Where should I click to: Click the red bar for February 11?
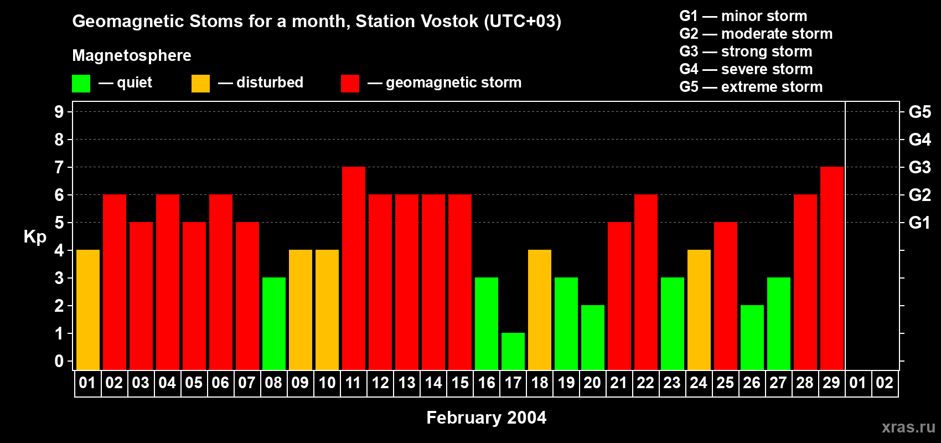(x=354, y=268)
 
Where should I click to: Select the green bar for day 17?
(x=513, y=351)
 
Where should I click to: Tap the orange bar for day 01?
(x=88, y=310)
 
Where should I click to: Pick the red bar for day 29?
(x=832, y=268)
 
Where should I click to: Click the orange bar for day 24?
(x=699, y=310)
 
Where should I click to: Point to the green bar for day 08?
(x=274, y=323)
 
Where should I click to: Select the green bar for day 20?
(x=593, y=337)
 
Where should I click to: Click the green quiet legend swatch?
(x=81, y=84)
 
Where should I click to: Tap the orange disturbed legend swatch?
(x=200, y=84)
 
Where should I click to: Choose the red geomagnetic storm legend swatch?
(x=350, y=84)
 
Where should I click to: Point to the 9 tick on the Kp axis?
(x=59, y=112)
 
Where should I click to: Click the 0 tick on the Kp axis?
(x=59, y=362)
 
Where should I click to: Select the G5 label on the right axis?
(x=919, y=112)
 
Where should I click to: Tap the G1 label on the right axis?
(x=919, y=223)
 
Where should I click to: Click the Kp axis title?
(x=35, y=237)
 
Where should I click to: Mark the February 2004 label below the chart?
(x=486, y=418)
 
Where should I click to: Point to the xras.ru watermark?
(x=908, y=427)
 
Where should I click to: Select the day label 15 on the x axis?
(x=460, y=383)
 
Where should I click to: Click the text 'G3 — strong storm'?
(x=746, y=51)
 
